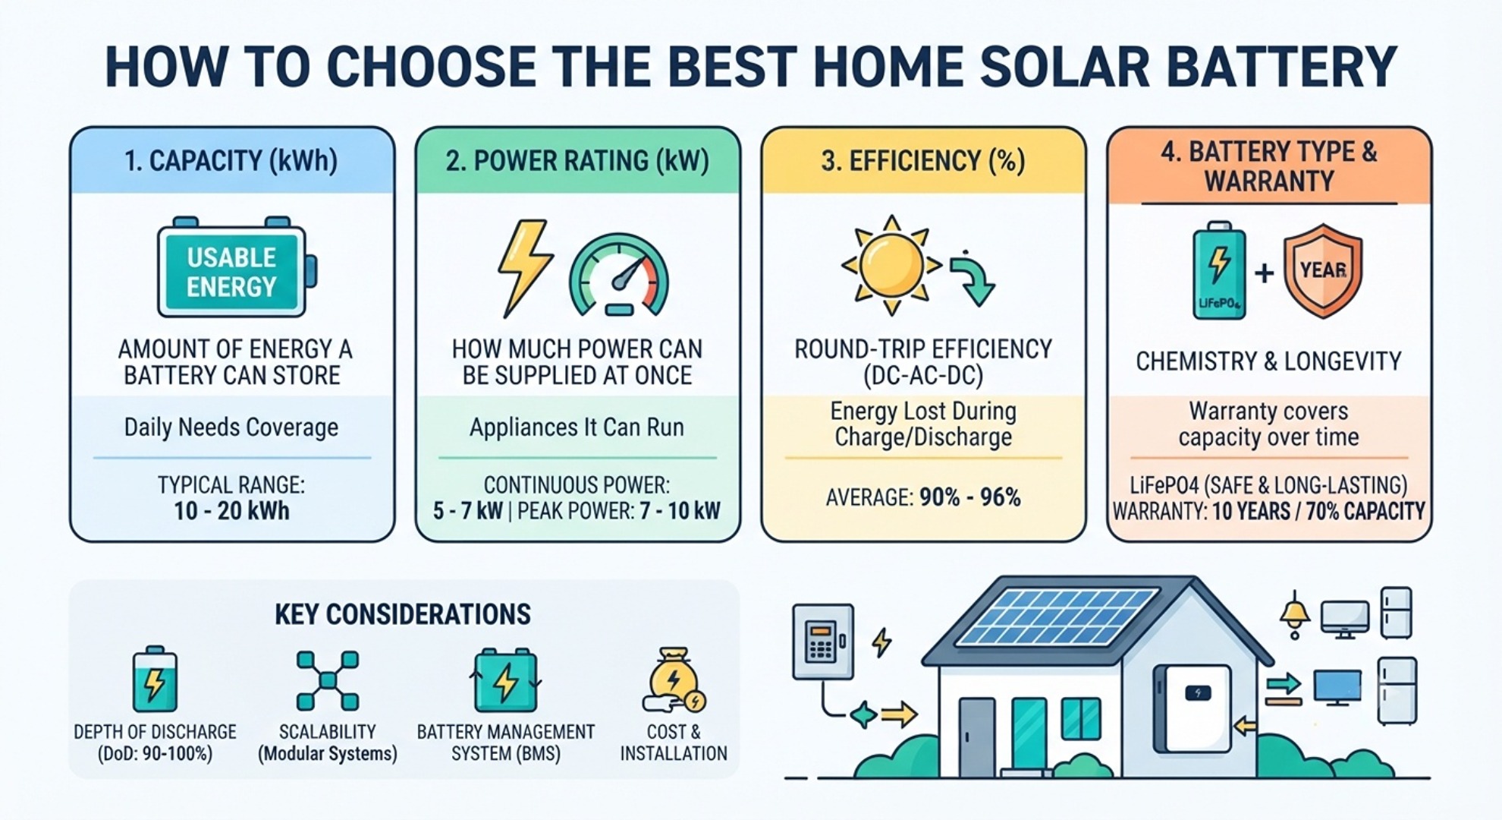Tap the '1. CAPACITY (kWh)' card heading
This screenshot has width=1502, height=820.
click(x=231, y=161)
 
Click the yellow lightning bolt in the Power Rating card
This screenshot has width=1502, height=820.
click(x=524, y=268)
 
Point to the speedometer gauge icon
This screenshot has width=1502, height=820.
click(x=619, y=275)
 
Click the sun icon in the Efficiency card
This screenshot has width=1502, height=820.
click(x=892, y=265)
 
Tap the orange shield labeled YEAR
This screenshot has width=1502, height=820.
click(x=1323, y=270)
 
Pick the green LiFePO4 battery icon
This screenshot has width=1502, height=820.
click(x=1219, y=270)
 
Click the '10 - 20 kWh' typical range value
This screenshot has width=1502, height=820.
click(x=231, y=511)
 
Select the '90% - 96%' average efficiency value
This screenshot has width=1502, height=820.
click(x=969, y=498)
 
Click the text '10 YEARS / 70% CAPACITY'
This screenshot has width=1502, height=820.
click(x=1318, y=512)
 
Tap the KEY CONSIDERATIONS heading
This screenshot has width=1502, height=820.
click(x=403, y=614)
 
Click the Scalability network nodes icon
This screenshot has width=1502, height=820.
click(x=328, y=680)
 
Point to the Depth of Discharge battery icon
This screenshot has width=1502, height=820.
click(x=155, y=680)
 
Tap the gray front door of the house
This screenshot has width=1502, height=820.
click(x=976, y=736)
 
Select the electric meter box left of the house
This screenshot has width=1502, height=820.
click(x=823, y=642)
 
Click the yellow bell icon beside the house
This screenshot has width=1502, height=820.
click(x=1294, y=613)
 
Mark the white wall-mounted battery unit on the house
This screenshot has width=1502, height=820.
click(x=1198, y=708)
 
